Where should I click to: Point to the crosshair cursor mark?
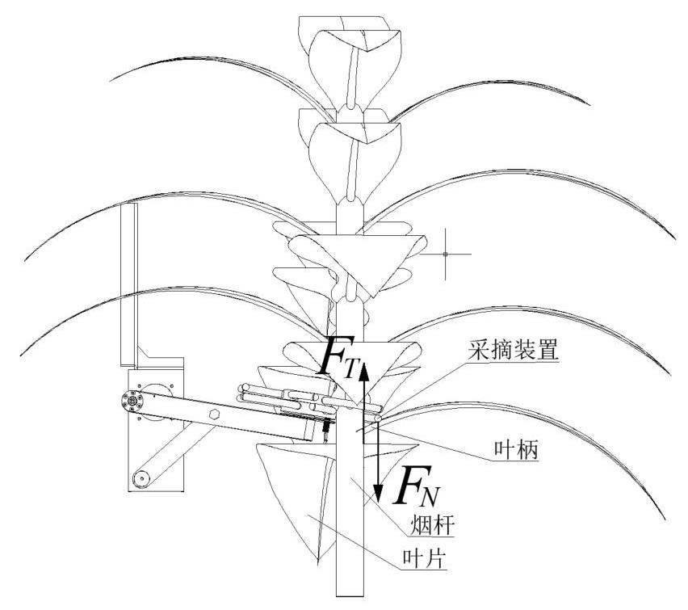[x=446, y=255]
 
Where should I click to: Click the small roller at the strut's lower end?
[x=142, y=477]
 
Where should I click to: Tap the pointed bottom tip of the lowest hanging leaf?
[x=320, y=562]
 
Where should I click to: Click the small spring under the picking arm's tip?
[x=325, y=435]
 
